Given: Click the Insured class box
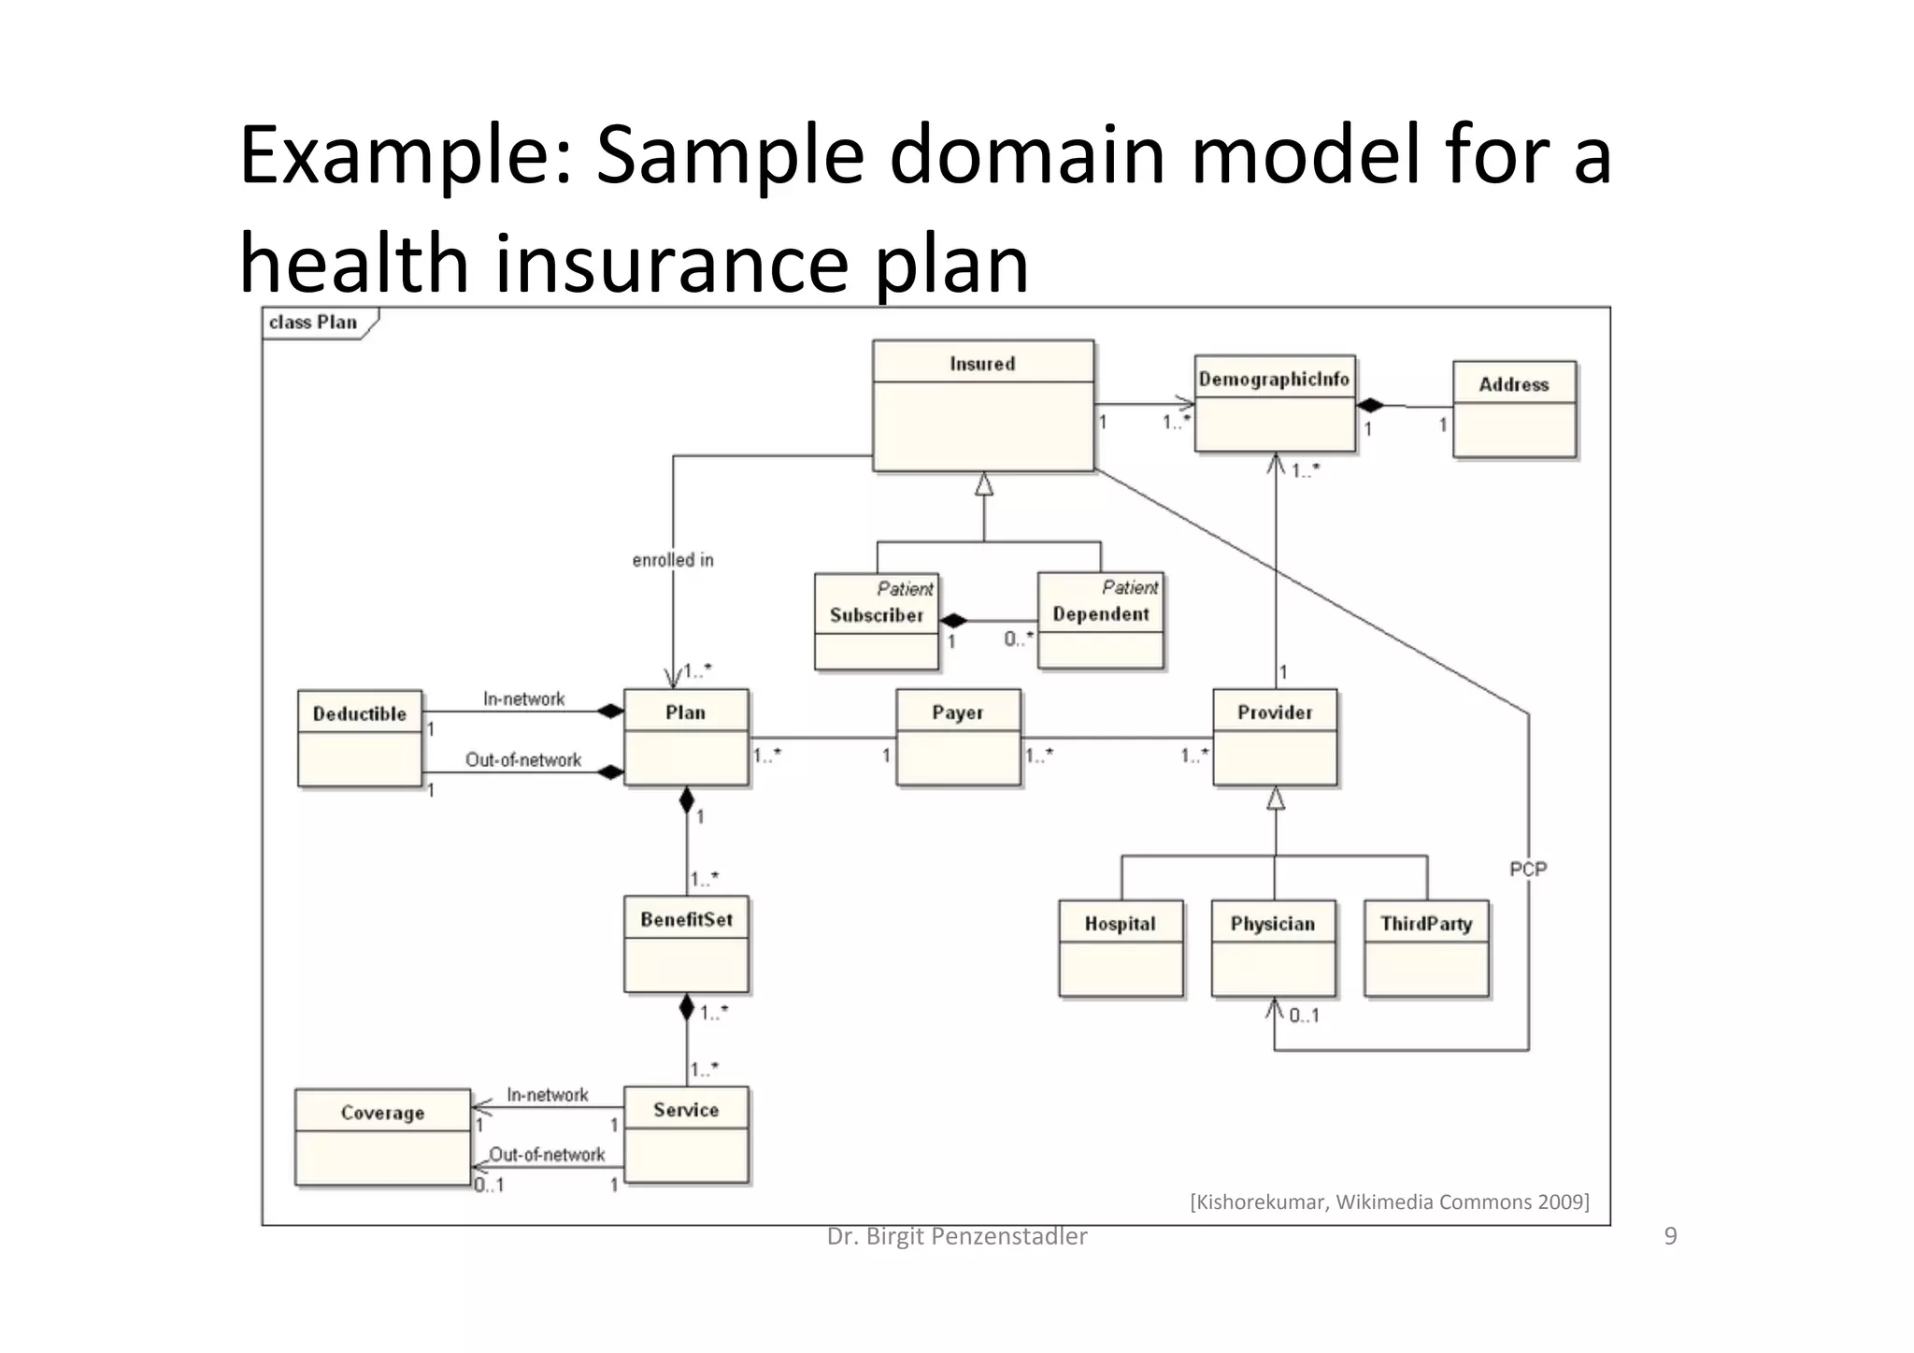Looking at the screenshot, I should click(x=982, y=405).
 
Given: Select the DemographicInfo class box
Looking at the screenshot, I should click(x=1274, y=403).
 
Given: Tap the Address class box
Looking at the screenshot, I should click(x=1514, y=409).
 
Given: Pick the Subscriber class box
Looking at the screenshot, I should click(x=876, y=621).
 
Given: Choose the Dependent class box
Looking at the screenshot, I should click(x=1100, y=620).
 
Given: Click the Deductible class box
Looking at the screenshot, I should click(x=360, y=738).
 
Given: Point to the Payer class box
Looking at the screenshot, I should click(x=958, y=737).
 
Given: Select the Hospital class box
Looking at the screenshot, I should click(x=1121, y=948).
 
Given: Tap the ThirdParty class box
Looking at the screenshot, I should click(x=1426, y=948).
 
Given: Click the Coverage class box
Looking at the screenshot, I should click(x=382, y=1136).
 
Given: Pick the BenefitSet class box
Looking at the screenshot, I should click(x=686, y=943).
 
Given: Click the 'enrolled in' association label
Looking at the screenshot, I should click(x=673, y=560).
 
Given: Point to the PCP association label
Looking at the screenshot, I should click(x=1528, y=869).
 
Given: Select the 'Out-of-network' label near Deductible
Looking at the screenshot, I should click(x=523, y=760).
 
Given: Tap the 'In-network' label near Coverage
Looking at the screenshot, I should click(x=548, y=1095).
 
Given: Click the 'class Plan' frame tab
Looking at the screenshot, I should click(x=314, y=323).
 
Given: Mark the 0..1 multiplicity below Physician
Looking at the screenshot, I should click(x=1304, y=1015).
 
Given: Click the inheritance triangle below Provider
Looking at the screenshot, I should click(x=1276, y=799).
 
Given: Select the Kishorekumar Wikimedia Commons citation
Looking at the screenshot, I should click(x=1390, y=1202).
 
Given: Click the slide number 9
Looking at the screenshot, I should click(x=1671, y=1236).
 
